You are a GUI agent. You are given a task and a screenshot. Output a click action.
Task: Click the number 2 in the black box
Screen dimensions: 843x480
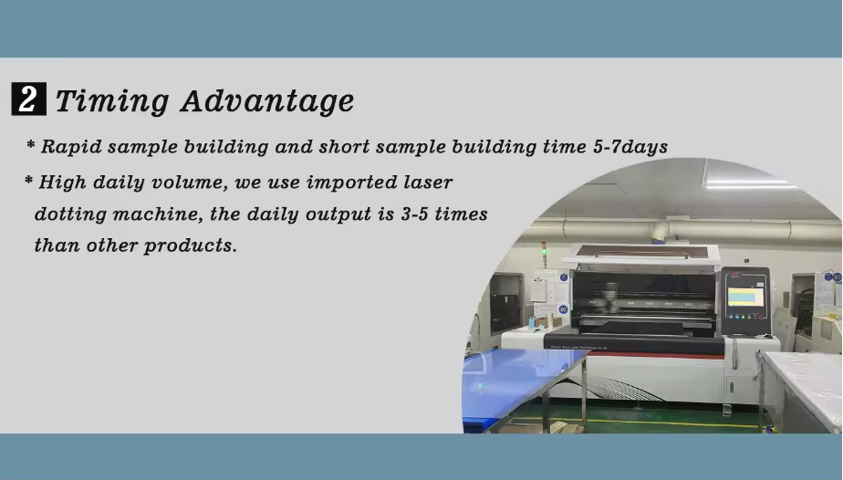tap(28, 99)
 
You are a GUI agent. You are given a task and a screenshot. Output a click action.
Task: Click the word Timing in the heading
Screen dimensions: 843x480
tap(112, 100)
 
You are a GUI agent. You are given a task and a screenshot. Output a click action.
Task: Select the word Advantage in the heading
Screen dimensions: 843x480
tap(267, 100)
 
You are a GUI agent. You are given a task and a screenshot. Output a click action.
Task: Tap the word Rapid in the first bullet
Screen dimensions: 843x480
tap(71, 147)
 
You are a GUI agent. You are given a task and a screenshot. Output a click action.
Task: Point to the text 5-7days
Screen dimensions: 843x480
tap(630, 147)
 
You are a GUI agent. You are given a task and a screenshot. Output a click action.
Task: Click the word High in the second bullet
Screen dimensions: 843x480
tap(62, 183)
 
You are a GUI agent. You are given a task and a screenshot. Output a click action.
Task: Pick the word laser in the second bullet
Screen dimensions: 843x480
tap(428, 183)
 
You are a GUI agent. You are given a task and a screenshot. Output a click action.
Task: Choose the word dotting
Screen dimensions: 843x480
tap(70, 214)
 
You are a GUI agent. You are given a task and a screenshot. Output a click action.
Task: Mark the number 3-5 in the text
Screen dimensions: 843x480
tap(414, 214)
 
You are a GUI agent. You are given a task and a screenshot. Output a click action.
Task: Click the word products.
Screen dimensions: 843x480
tap(191, 245)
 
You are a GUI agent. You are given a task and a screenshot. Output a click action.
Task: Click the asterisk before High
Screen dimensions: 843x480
tap(29, 180)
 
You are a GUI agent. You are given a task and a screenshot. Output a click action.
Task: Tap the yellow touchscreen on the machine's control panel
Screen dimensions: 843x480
tap(745, 296)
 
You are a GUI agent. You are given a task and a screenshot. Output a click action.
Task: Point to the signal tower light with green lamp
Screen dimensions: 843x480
tap(544, 254)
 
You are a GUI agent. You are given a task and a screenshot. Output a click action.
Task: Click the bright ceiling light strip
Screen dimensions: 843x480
tap(750, 183)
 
